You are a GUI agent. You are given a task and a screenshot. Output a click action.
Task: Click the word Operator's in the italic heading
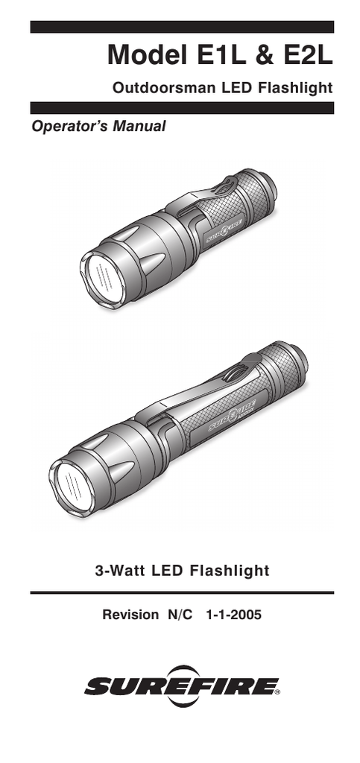click(x=69, y=127)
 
